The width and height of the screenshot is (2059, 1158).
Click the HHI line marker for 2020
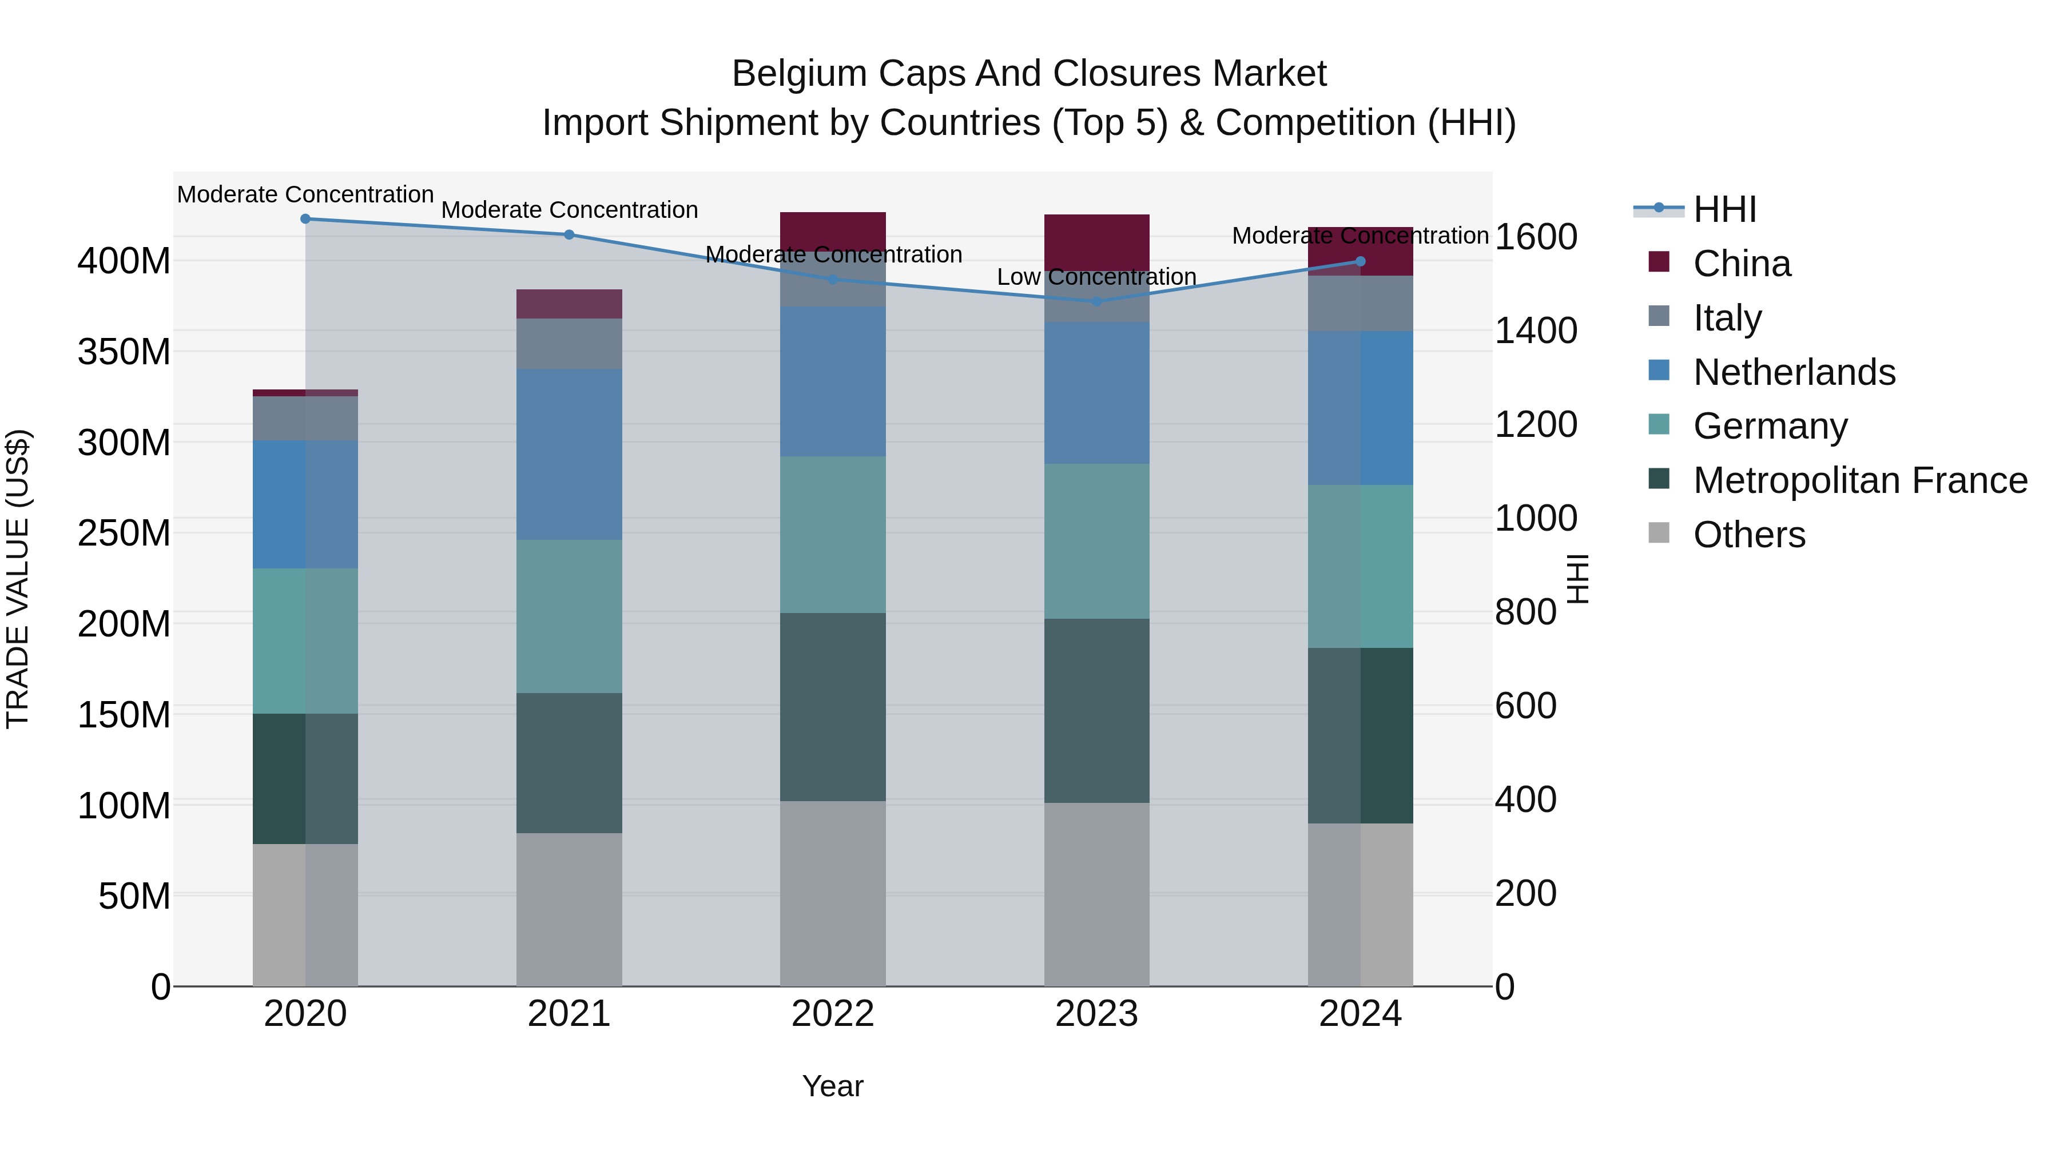pyautogui.click(x=305, y=218)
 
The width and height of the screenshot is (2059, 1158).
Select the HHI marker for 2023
pyautogui.click(x=1096, y=301)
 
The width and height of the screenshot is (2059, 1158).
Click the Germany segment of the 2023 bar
pyautogui.click(x=1096, y=540)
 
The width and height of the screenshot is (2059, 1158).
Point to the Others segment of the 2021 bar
pyautogui.click(x=569, y=909)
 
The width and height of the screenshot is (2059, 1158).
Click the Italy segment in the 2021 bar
pyautogui.click(x=569, y=343)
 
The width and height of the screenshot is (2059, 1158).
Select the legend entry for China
pyautogui.click(x=1742, y=263)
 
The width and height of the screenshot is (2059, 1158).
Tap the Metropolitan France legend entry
pyautogui.click(x=1860, y=480)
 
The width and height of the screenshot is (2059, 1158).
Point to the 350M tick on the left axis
pyautogui.click(x=124, y=352)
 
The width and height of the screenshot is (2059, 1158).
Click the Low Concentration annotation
pyautogui.click(x=1096, y=277)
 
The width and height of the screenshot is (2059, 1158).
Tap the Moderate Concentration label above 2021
pyautogui.click(x=569, y=209)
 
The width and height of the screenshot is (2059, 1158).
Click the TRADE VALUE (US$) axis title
pyautogui.click(x=18, y=579)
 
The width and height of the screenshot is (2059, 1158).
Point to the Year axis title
pyautogui.click(x=833, y=1086)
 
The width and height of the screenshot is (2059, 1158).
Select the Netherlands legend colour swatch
pyautogui.click(x=1659, y=371)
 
